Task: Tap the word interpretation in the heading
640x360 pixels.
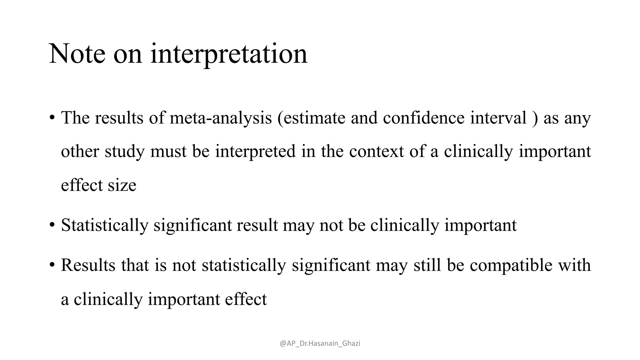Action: [x=229, y=54]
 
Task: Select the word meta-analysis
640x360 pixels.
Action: [x=221, y=118]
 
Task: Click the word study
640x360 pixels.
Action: [x=125, y=152]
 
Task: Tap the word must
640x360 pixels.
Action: [x=168, y=152]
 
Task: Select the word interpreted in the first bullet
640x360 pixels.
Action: [x=255, y=152]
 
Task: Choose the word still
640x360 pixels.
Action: [x=427, y=265]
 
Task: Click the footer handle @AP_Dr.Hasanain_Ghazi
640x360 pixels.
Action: [x=320, y=343]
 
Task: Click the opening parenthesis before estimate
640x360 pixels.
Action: [x=280, y=118]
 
